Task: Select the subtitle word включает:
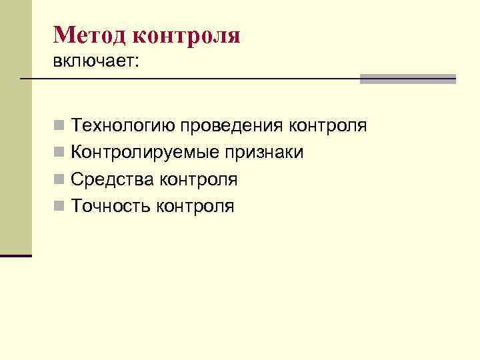(x=97, y=61)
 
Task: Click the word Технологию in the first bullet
(x=124, y=126)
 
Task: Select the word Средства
(x=109, y=179)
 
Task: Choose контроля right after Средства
(x=198, y=179)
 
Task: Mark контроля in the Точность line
(x=195, y=206)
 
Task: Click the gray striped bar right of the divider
(x=408, y=79)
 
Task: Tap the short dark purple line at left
(x=16, y=255)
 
